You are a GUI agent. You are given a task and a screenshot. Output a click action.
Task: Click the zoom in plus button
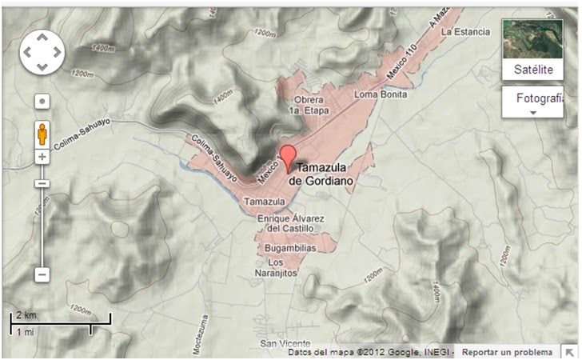[x=42, y=157]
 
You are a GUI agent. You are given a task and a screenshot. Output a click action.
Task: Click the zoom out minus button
[x=42, y=274]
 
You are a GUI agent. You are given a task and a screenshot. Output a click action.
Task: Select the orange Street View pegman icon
[x=42, y=134]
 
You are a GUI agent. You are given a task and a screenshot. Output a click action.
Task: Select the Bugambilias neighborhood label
[x=290, y=249]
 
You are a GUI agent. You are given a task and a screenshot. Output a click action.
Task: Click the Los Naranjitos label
[x=283, y=268]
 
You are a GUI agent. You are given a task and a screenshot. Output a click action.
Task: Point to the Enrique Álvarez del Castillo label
[x=289, y=222]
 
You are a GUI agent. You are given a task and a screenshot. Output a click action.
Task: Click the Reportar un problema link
[x=507, y=352]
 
